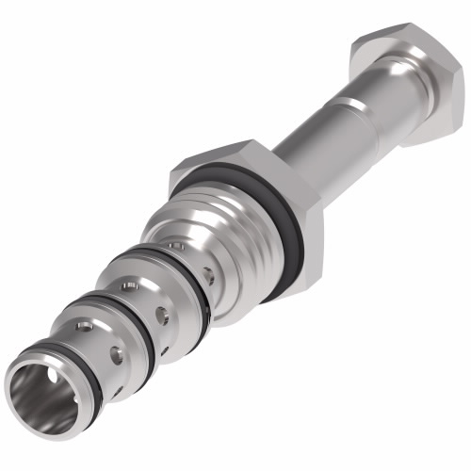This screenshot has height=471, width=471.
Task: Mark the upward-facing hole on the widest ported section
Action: [175, 246]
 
